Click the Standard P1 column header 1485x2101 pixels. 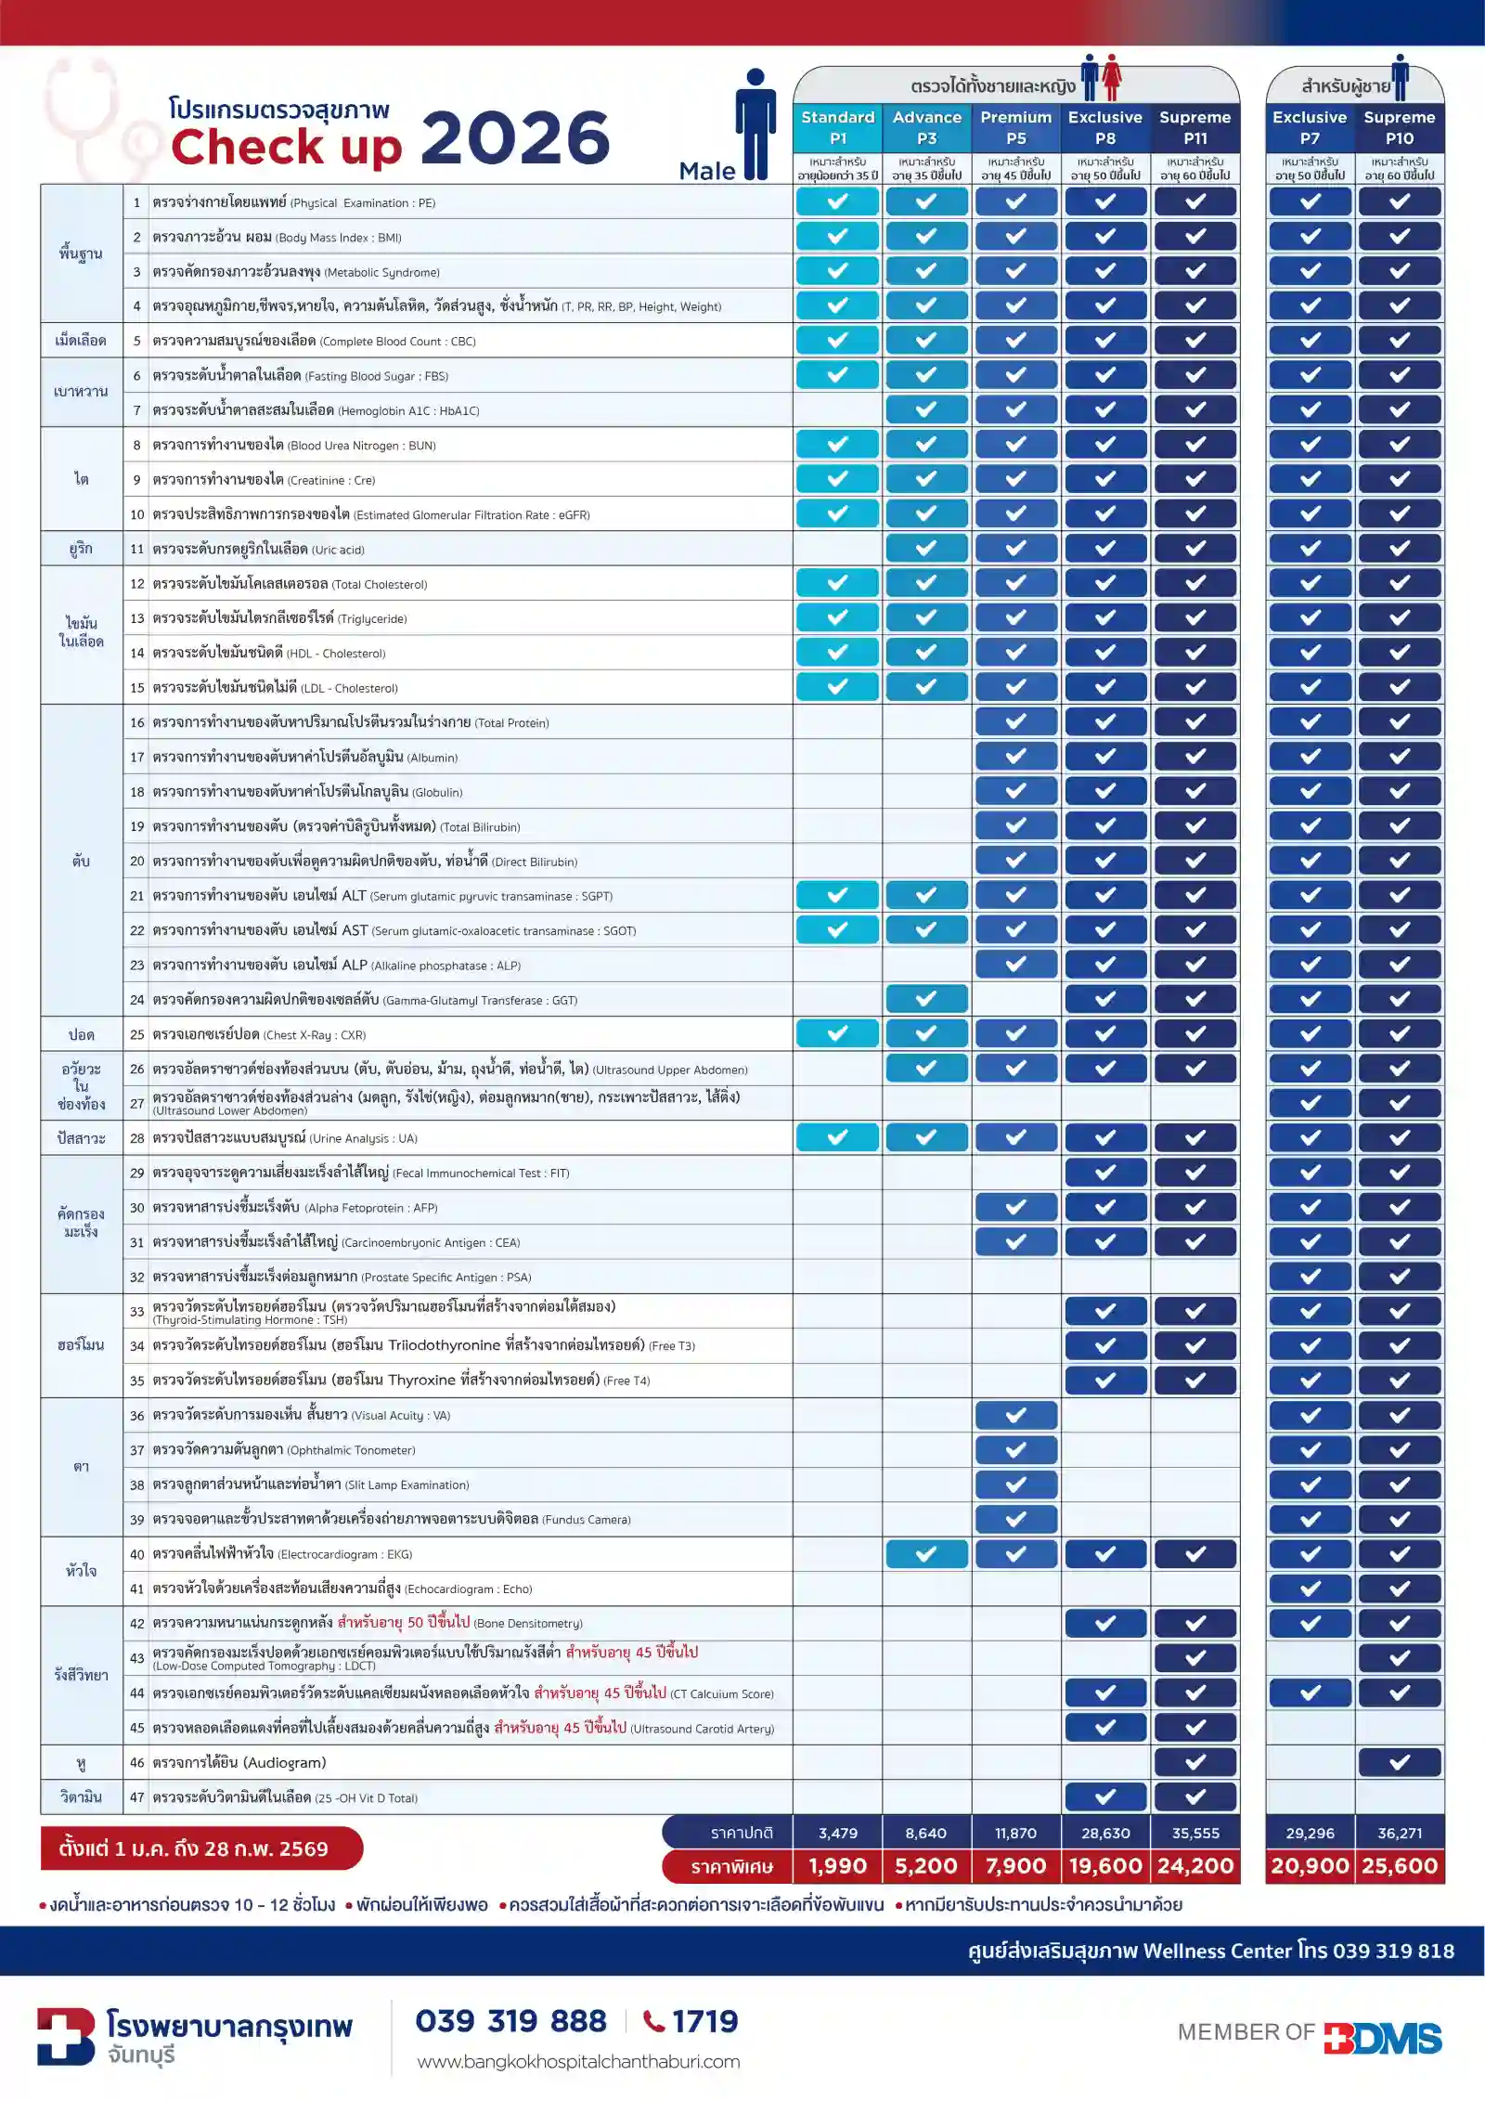click(x=837, y=128)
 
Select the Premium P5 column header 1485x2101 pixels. click(x=1016, y=128)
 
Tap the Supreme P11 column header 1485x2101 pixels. click(x=1195, y=128)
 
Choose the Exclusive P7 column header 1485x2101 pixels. click(x=1310, y=128)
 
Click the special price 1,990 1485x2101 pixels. click(x=837, y=1866)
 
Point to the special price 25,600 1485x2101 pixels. click(x=1400, y=1866)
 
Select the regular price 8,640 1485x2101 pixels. click(x=926, y=1834)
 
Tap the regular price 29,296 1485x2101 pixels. click(x=1310, y=1834)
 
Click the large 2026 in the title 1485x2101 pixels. click(x=516, y=138)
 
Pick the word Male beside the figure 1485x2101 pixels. click(x=707, y=171)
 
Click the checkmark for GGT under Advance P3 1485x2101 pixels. click(x=926, y=999)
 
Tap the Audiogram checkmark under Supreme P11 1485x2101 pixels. click(x=1195, y=1762)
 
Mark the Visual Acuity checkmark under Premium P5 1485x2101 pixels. click(x=1016, y=1415)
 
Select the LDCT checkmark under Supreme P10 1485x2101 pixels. click(x=1400, y=1658)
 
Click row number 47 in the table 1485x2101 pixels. click(x=137, y=1797)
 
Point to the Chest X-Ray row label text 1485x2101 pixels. click(x=259, y=1034)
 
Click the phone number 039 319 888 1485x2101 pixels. click(x=511, y=2021)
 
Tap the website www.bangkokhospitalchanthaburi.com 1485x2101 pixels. click(x=578, y=2062)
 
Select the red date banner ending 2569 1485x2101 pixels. click(x=201, y=1848)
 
